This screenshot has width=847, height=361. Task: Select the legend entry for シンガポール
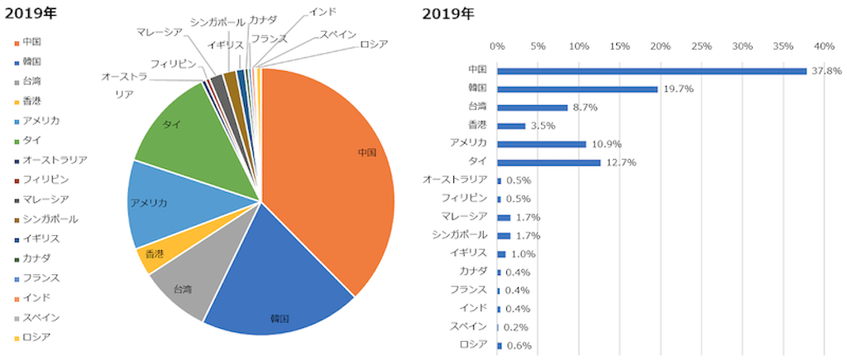point(50,219)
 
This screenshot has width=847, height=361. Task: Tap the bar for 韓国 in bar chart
point(577,89)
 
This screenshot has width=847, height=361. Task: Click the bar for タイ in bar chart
point(548,162)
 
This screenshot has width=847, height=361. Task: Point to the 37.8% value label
point(826,71)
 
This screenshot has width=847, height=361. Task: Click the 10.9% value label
point(606,144)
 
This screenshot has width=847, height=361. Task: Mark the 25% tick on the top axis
point(701,46)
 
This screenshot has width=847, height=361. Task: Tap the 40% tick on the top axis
point(824,46)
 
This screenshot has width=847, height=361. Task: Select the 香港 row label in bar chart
point(477,124)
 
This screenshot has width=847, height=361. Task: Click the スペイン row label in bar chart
point(468,326)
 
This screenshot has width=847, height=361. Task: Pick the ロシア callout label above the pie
point(373,44)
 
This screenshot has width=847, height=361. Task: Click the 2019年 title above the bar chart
point(448,14)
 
